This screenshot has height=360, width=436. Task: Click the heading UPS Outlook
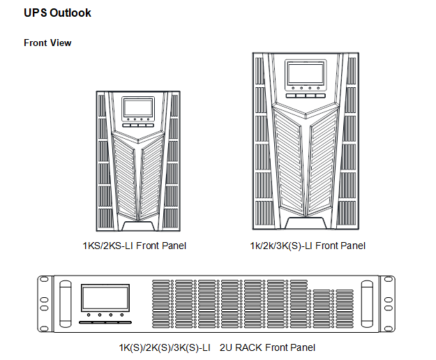tap(57, 13)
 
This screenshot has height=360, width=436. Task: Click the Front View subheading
tap(47, 43)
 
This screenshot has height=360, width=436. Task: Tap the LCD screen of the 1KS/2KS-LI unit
tap(138, 107)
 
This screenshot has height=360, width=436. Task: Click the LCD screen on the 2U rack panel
tap(104, 299)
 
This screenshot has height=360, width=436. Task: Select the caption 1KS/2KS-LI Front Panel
tap(135, 246)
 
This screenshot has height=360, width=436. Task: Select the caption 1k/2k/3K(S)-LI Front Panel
tap(308, 246)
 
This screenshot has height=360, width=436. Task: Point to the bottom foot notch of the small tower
tap(138, 225)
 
